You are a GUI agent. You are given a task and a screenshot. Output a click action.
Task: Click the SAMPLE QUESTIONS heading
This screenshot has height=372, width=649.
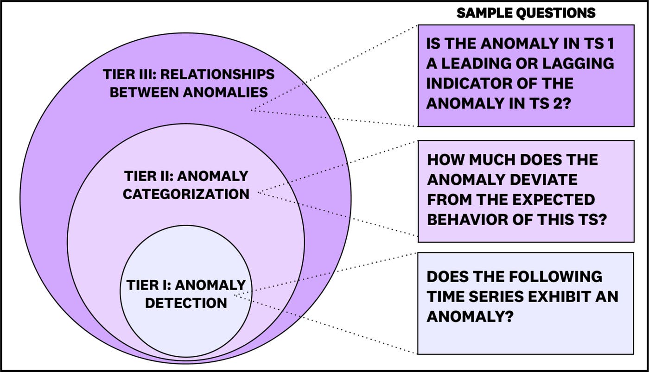pos(526,13)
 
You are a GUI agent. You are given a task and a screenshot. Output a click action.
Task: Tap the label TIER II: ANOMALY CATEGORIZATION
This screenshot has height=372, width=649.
pos(186,185)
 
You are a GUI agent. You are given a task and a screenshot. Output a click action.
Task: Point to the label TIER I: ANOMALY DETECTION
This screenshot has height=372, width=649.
pos(186,294)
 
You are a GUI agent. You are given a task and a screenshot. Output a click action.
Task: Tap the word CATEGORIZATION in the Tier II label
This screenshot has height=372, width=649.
pos(186,194)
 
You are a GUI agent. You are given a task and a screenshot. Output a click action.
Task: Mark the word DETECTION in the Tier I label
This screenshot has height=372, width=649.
pos(186,303)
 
